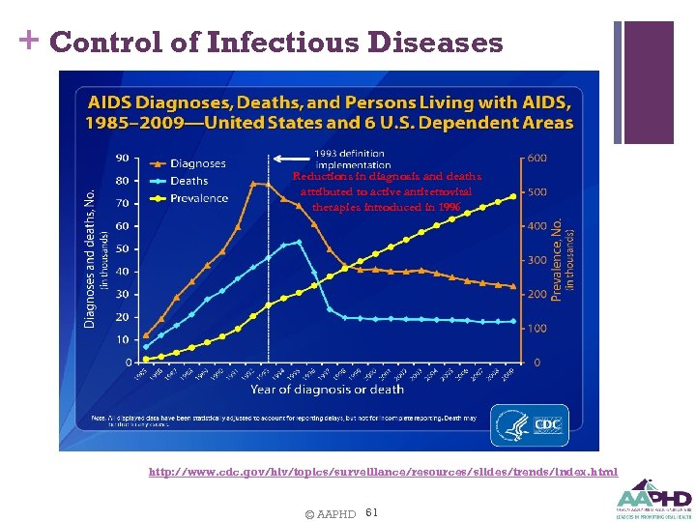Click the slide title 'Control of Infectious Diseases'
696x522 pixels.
[275, 43]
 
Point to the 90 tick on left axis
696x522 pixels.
[124, 158]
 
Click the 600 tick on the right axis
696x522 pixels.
[536, 158]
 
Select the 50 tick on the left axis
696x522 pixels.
[124, 248]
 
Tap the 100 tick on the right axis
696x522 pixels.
[536, 328]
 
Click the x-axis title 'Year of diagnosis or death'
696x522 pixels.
[327, 389]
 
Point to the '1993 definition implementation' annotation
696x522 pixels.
[348, 158]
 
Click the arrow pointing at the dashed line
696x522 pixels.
[290, 158]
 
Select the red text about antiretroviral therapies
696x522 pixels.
[386, 191]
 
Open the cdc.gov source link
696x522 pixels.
[382, 472]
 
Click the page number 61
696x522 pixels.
[373, 511]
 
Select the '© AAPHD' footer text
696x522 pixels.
[329, 512]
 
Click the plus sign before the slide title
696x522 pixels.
[28, 41]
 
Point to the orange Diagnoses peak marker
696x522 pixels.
[254, 183]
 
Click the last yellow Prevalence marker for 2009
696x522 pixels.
[512, 197]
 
